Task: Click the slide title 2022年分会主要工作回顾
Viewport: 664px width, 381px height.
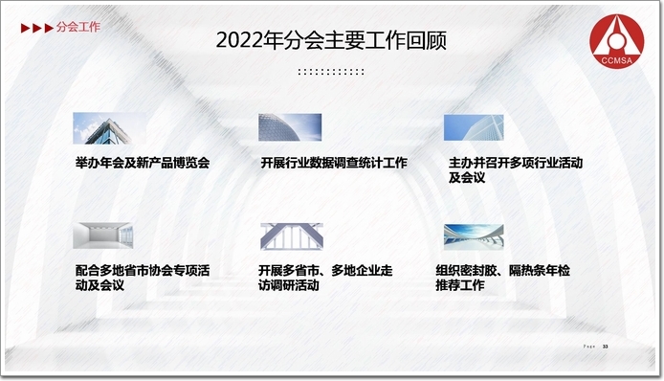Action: pyautogui.click(x=331, y=41)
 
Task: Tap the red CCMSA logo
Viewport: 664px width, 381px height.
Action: pyautogui.click(x=616, y=41)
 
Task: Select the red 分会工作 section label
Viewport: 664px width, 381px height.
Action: pyautogui.click(x=78, y=27)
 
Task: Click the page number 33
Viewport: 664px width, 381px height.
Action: pyautogui.click(x=605, y=347)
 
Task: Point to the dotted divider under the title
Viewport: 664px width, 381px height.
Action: pyautogui.click(x=331, y=72)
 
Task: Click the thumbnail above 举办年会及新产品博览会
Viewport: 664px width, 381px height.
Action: pyautogui.click(x=109, y=128)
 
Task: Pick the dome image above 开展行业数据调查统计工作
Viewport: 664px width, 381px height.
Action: pyautogui.click(x=290, y=127)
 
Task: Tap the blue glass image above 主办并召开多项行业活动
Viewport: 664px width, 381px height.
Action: pyautogui.click(x=474, y=127)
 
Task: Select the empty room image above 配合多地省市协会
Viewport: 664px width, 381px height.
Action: pyautogui.click(x=103, y=235)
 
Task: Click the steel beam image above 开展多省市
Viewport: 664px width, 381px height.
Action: pyautogui.click(x=292, y=236)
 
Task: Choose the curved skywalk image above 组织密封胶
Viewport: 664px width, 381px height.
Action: pyautogui.click(x=474, y=236)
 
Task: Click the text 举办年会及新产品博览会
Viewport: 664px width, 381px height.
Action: pyautogui.click(x=143, y=163)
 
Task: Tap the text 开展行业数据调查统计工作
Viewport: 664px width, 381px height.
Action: pyautogui.click(x=334, y=163)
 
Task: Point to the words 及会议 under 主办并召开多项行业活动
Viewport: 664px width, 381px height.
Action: pyautogui.click(x=467, y=177)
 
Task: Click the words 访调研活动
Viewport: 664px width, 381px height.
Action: pyautogui.click(x=289, y=285)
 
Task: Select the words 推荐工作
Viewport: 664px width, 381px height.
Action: pyautogui.click(x=460, y=285)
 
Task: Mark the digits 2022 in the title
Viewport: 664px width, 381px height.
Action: pyautogui.click(x=239, y=41)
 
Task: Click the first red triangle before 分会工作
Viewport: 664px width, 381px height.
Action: pyautogui.click(x=26, y=28)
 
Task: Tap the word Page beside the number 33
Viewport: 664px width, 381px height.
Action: pyautogui.click(x=589, y=347)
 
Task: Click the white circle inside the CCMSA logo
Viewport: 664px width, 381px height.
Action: pyautogui.click(x=616, y=40)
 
